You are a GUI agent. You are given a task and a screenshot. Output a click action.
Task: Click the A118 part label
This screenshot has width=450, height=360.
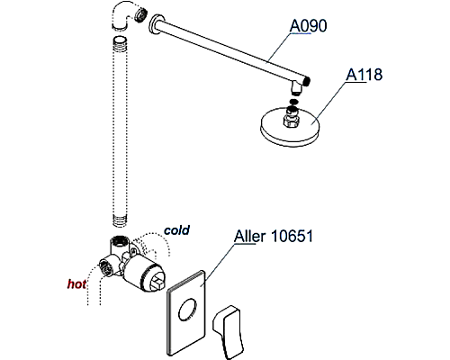[x=365, y=76]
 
